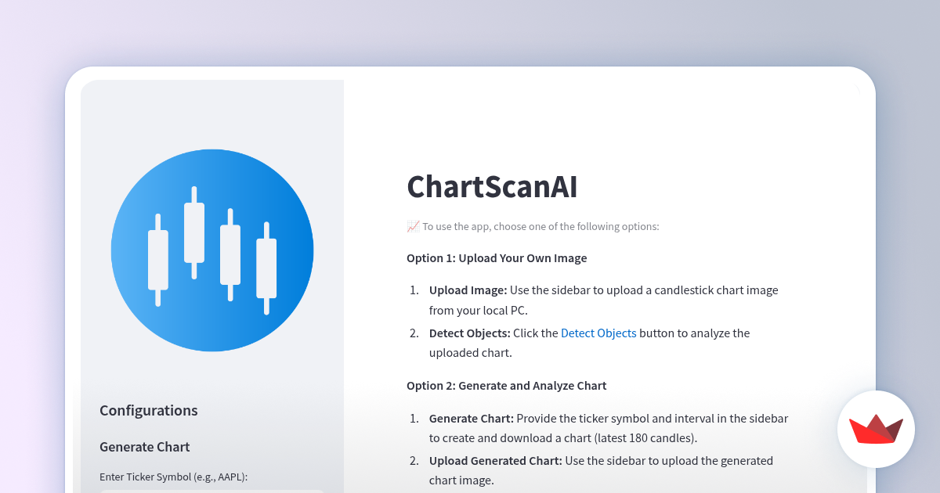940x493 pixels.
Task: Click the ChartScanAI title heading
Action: [x=492, y=188]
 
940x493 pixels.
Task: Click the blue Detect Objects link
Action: [x=598, y=333]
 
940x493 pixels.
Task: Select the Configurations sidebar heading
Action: [x=149, y=411]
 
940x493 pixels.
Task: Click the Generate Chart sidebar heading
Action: [x=145, y=447]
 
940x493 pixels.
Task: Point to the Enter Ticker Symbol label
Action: [x=173, y=477]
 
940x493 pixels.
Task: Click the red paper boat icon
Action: [x=876, y=430]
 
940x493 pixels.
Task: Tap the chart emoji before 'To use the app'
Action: [x=413, y=227]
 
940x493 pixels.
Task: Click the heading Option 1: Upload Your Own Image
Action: [x=497, y=258]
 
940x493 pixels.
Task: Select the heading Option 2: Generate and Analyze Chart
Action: [x=506, y=386]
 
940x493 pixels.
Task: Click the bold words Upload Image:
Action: [x=468, y=290]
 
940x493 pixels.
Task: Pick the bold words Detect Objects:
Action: [x=469, y=333]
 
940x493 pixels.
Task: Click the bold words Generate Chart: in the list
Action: [x=471, y=419]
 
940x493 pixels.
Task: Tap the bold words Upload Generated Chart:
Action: [x=495, y=461]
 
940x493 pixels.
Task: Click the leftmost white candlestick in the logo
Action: [x=158, y=260]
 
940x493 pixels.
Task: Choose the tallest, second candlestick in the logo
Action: [x=194, y=232]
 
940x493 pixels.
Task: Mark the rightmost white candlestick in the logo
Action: [x=266, y=268]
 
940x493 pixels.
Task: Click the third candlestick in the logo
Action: [x=230, y=254]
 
